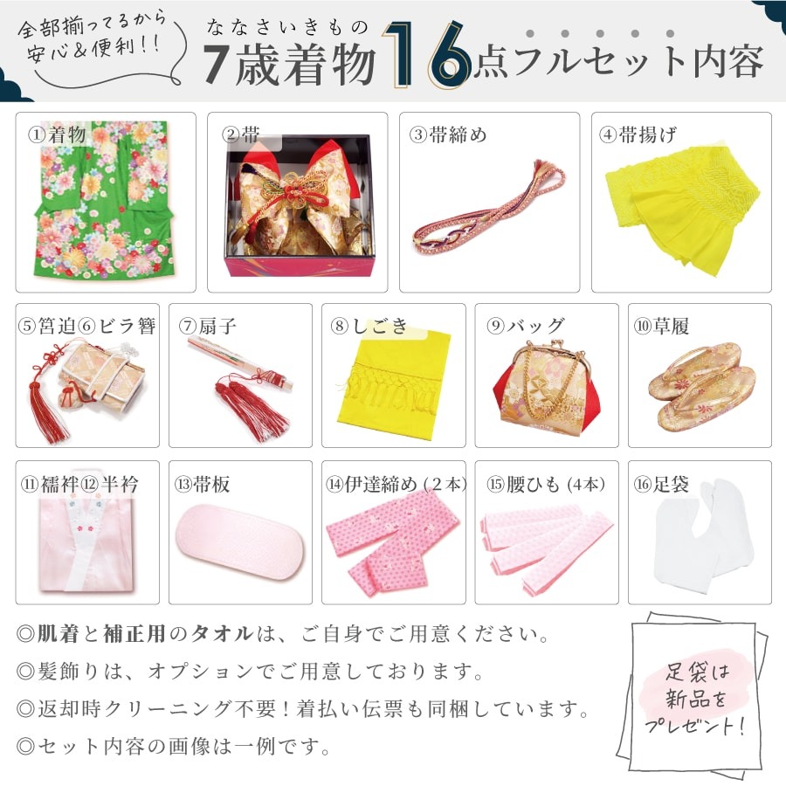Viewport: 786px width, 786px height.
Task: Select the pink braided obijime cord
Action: [x=489, y=206]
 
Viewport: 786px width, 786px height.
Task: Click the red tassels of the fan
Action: [x=251, y=407]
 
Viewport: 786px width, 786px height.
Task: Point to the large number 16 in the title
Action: [x=427, y=55]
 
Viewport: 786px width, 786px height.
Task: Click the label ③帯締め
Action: [x=448, y=134]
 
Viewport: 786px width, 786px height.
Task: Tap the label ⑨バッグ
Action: [x=526, y=326]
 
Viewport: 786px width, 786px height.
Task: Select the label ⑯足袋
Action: [x=661, y=484]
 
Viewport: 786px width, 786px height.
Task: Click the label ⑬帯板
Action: [x=202, y=484]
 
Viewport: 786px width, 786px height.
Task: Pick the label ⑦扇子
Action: [x=208, y=326]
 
